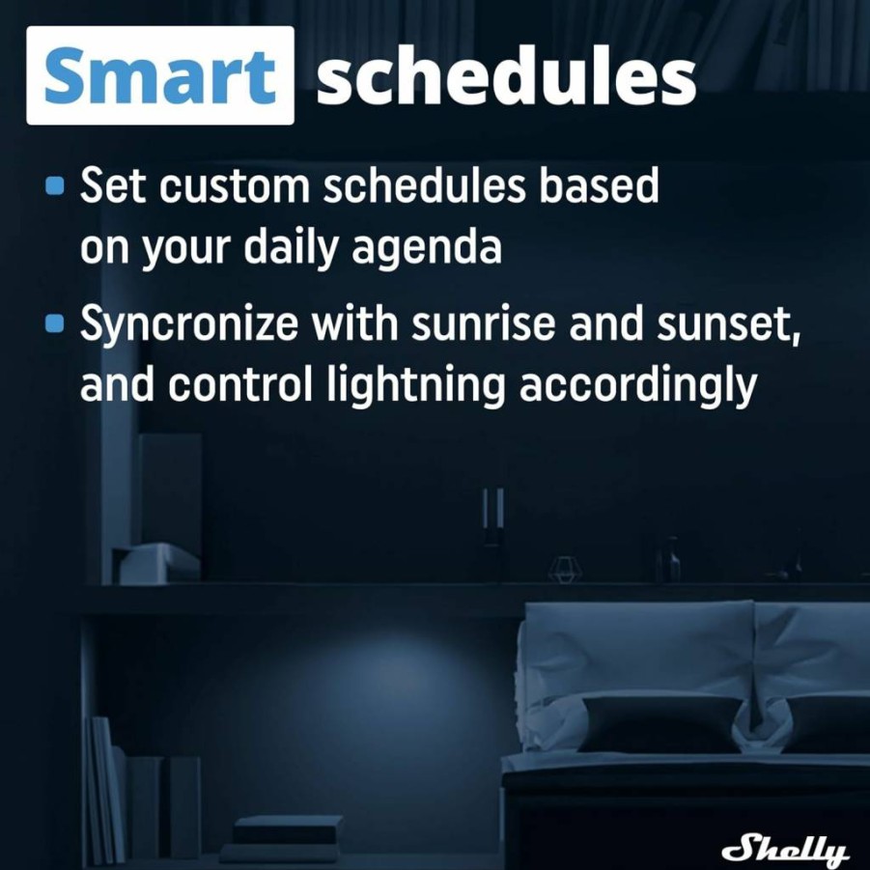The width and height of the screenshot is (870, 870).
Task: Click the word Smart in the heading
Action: point(159,75)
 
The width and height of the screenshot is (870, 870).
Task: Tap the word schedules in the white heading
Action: point(506,75)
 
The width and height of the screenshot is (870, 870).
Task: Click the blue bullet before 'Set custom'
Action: point(54,185)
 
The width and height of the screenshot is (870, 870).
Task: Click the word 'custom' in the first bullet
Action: point(235,186)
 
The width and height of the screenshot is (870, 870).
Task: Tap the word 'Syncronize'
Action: point(189,324)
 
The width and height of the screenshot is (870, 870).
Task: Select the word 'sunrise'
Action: point(483,323)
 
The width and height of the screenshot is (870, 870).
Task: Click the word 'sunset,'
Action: point(728,325)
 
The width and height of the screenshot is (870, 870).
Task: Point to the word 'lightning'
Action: point(416,385)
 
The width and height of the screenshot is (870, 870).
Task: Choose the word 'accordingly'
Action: point(638,385)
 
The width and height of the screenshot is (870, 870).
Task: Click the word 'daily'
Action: point(291,247)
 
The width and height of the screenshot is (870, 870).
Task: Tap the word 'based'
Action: point(600,185)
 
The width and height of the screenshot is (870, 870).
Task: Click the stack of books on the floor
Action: point(283,838)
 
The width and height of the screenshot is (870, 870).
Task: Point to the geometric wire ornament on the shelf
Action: point(565,570)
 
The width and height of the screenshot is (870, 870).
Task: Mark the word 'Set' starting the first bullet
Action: point(114,185)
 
